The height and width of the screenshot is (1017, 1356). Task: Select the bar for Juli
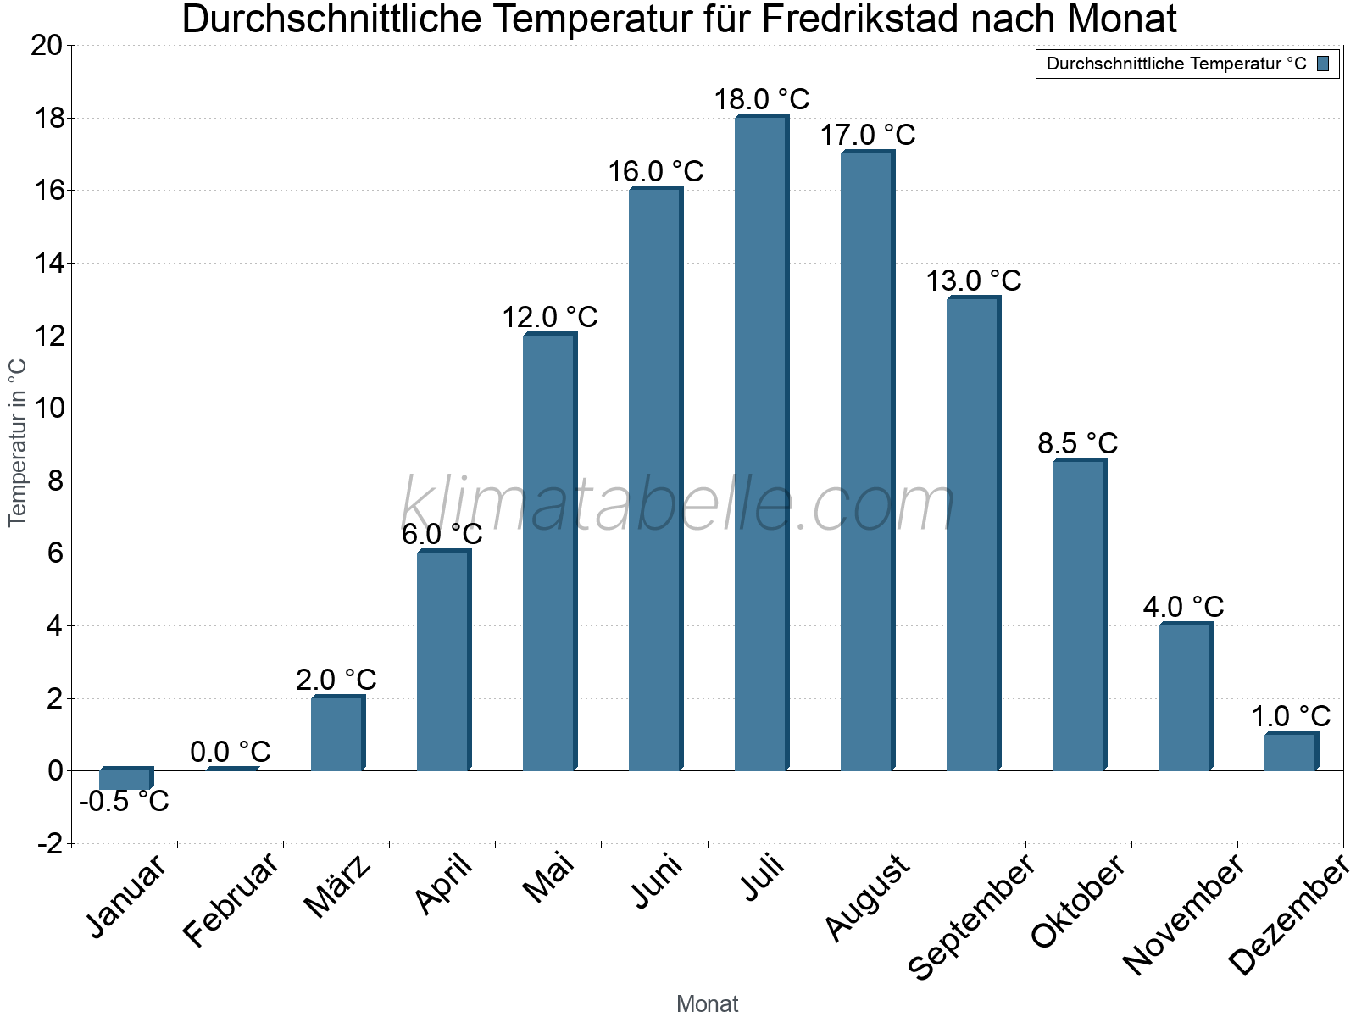coord(761,443)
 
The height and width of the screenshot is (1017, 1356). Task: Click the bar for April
coord(443,661)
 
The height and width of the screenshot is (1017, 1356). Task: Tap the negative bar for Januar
coord(125,778)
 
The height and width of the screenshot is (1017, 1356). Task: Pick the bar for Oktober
coord(1079,615)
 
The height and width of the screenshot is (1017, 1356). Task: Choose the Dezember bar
coord(1291,752)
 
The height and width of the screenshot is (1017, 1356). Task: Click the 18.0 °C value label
coord(761,100)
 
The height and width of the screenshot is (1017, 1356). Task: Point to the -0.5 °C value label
coord(124,801)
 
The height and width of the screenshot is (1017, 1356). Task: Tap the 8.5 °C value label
coord(1078,443)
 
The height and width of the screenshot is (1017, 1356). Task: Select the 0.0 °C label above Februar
coord(231,752)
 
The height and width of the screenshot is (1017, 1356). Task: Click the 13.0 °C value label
coord(973,281)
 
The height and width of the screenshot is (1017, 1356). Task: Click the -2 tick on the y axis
coord(50,844)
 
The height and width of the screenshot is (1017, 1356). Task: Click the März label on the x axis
coord(337,886)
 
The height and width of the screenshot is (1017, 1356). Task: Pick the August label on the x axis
coord(867,898)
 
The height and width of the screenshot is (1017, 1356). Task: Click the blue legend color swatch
coord(1323,64)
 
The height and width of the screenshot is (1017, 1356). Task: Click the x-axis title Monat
coord(708,1004)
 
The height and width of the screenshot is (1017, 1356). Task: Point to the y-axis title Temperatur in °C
coord(18,442)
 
